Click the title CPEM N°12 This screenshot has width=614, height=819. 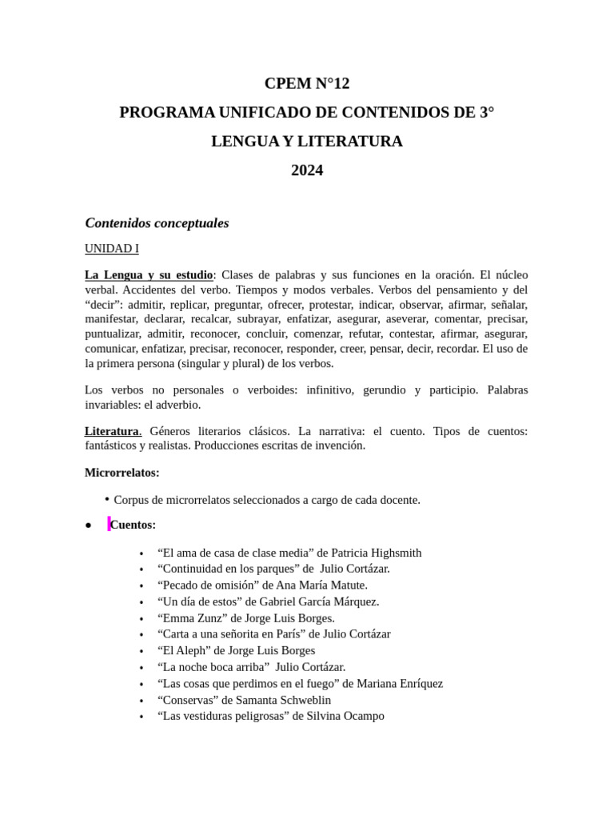pos(307,83)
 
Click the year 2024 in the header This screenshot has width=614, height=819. pos(307,170)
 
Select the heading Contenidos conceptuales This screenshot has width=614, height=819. pos(157,223)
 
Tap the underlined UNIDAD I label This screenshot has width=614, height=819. pos(112,249)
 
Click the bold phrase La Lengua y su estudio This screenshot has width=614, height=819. pos(149,275)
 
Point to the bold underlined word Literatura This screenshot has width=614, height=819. pos(112,431)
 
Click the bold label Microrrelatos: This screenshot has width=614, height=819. pos(122,473)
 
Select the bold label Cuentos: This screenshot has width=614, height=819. pos(134,525)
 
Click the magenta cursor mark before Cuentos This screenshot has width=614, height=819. pos(109,524)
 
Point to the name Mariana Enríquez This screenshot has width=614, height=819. pos(397,684)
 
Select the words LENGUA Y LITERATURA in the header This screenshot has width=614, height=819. pos(307,142)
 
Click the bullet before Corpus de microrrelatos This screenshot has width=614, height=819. pos(106,499)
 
